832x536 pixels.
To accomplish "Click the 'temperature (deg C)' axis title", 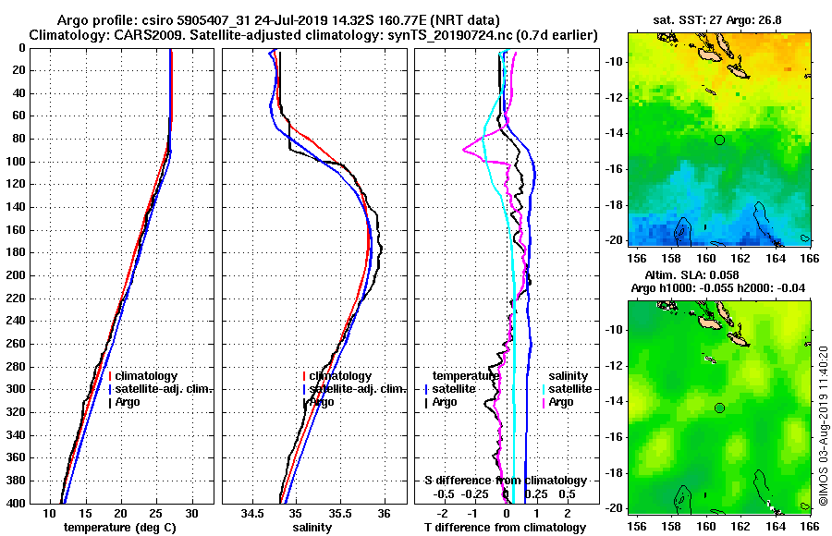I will click(120, 528).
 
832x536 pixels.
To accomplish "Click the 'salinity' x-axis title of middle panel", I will click(312, 528).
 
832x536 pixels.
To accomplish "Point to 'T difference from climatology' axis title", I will click(505, 528).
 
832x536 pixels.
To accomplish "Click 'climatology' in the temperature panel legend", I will click(147, 376).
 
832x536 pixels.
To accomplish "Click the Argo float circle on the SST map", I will click(719, 140).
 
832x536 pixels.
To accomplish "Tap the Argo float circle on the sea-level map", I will click(719, 408).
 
